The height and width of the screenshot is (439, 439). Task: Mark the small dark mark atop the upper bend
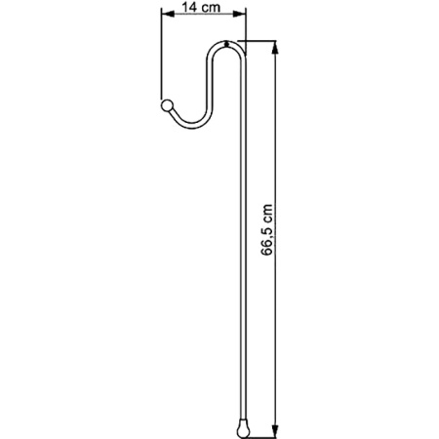coord(227,43)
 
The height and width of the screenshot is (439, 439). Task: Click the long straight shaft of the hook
coord(242,244)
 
